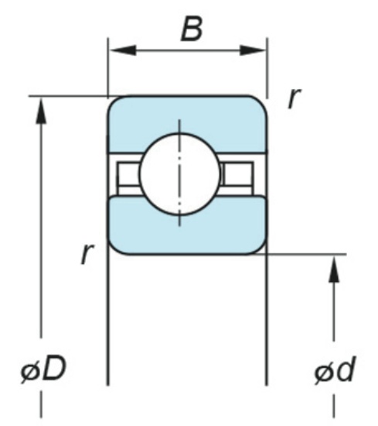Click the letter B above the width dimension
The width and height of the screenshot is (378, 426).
192,29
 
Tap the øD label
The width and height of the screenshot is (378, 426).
43,369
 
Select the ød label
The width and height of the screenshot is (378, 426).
335,370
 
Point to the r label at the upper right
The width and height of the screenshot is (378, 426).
295,98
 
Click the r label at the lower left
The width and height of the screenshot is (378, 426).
87,253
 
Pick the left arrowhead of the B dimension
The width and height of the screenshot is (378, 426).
122,50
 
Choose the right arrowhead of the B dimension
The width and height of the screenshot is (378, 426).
253,50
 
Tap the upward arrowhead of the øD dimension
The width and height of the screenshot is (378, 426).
41,112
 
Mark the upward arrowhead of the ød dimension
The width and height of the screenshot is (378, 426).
334,270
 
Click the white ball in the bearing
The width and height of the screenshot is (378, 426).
179,173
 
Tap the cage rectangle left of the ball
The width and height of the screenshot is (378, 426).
129,173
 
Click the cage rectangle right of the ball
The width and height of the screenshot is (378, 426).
237,173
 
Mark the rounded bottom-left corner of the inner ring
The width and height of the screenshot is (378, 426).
114,249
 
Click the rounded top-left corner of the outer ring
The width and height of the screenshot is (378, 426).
113,101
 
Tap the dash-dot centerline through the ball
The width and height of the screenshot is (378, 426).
179,173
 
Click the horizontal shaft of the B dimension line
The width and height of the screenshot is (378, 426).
187,50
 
